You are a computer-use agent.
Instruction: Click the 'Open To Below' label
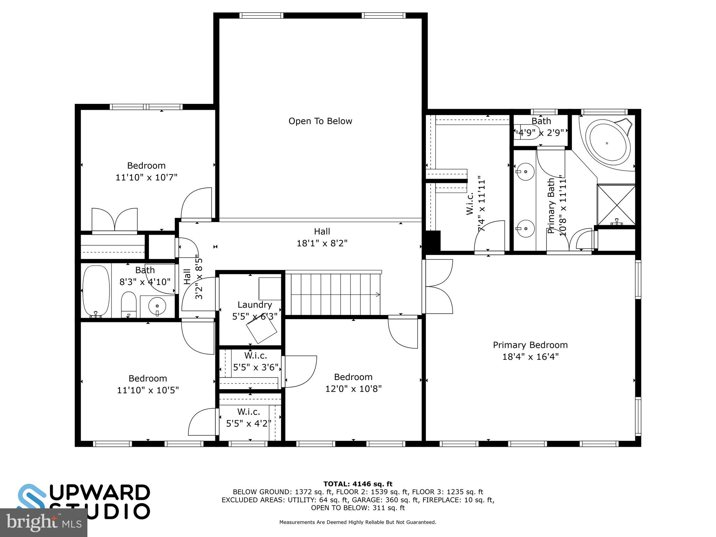(x=320, y=121)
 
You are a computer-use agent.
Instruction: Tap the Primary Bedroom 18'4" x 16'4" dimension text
(x=530, y=357)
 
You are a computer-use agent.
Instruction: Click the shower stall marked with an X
(x=616, y=205)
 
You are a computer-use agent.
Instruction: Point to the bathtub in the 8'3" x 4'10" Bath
(x=96, y=291)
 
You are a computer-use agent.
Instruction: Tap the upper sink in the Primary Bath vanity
(x=525, y=171)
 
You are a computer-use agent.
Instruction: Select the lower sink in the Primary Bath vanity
(x=525, y=229)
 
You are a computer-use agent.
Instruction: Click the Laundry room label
(x=255, y=305)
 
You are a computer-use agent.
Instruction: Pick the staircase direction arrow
(x=378, y=294)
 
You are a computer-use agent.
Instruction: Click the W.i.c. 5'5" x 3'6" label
(x=256, y=361)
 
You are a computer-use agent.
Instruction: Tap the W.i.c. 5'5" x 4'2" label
(x=249, y=417)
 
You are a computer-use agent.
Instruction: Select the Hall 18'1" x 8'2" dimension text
(x=322, y=243)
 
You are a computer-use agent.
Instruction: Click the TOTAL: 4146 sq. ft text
(x=358, y=484)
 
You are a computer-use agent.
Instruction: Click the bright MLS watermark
(x=43, y=522)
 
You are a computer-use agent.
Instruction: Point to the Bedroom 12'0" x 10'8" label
(x=353, y=382)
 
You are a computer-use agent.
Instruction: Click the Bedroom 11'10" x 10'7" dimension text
(x=146, y=178)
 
